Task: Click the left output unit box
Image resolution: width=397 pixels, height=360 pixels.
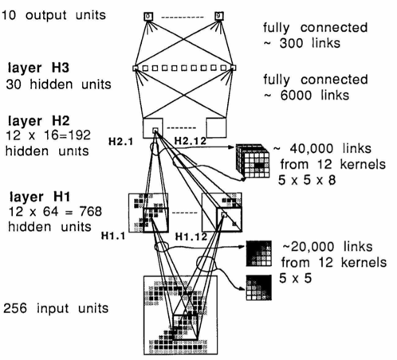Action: pos(148,16)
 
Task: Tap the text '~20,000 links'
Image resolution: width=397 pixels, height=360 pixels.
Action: pos(328,246)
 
